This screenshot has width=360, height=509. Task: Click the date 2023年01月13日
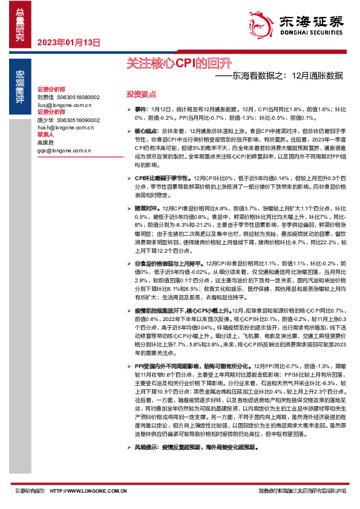[68, 42]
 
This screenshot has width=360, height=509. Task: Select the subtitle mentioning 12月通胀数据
[279, 76]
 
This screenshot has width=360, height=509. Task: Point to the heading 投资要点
[141, 94]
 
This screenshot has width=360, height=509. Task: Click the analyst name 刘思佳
[45, 97]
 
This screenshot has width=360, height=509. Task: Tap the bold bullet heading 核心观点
[145, 131]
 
